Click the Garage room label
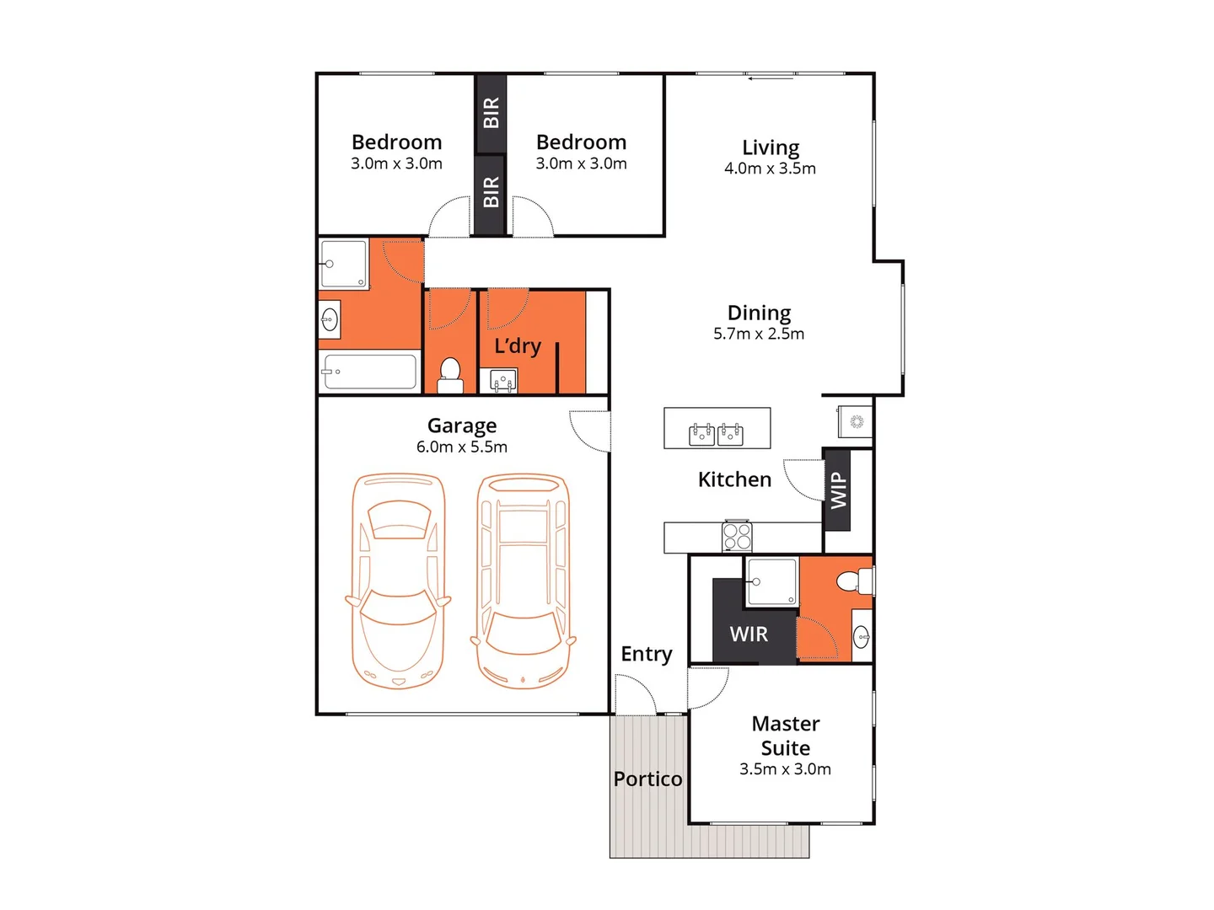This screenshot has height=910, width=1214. (461, 426)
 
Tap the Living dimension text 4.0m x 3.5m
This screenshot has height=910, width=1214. (770, 169)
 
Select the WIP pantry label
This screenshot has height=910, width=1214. (837, 490)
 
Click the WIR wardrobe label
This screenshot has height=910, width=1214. (749, 634)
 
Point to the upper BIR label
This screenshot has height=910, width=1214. (491, 113)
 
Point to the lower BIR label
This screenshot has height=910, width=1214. (491, 192)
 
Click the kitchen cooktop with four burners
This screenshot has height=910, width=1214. (737, 537)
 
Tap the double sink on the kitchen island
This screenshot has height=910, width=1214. (717, 435)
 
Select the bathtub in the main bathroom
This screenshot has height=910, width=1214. (370, 372)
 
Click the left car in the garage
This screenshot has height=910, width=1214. (398, 581)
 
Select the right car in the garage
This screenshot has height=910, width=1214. (524, 581)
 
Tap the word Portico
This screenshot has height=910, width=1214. (647, 779)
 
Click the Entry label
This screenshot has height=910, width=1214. (647, 655)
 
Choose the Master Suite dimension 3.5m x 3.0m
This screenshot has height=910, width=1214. (785, 769)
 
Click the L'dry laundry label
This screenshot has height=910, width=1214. (518, 346)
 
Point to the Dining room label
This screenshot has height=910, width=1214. (759, 313)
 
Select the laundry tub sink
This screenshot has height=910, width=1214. (503, 382)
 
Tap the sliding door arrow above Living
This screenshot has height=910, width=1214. (771, 78)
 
